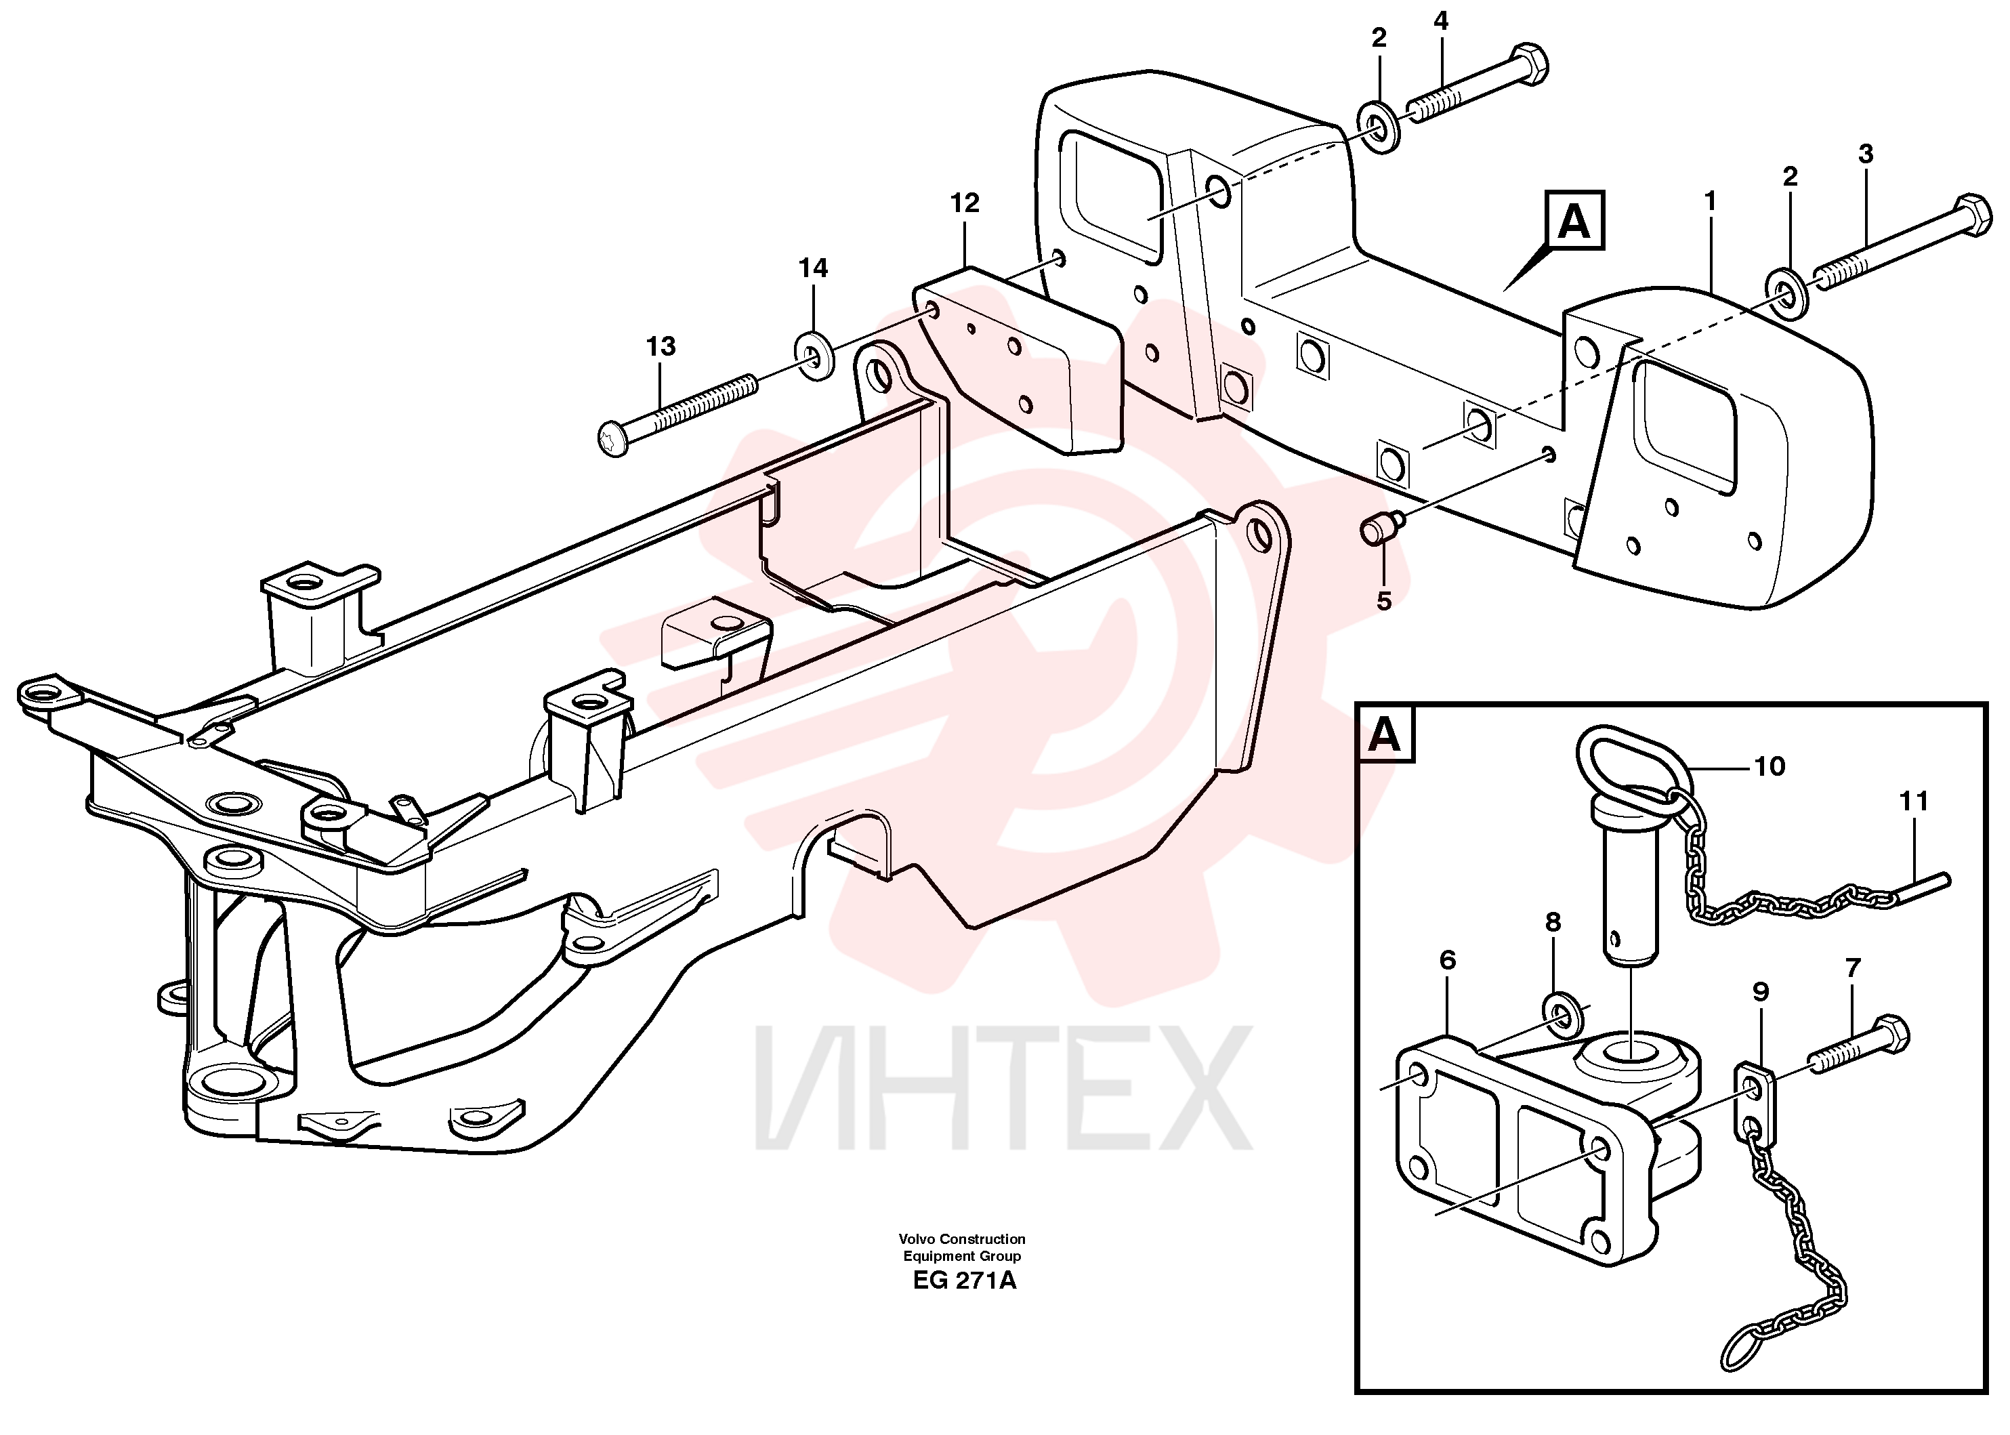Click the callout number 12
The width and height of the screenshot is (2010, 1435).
click(x=965, y=203)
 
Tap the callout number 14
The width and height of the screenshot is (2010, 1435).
click(x=813, y=268)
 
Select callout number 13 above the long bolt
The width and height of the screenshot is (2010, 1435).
click(x=661, y=346)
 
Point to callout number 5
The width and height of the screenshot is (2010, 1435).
click(x=1383, y=601)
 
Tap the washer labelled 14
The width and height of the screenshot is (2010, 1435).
click(x=814, y=356)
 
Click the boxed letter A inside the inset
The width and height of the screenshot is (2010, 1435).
click(x=1385, y=735)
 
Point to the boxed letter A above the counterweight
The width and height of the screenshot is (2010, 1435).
click(x=1574, y=220)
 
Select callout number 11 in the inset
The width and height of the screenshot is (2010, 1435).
click(x=1913, y=802)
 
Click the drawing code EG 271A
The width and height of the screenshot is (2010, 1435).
click(x=965, y=1281)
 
